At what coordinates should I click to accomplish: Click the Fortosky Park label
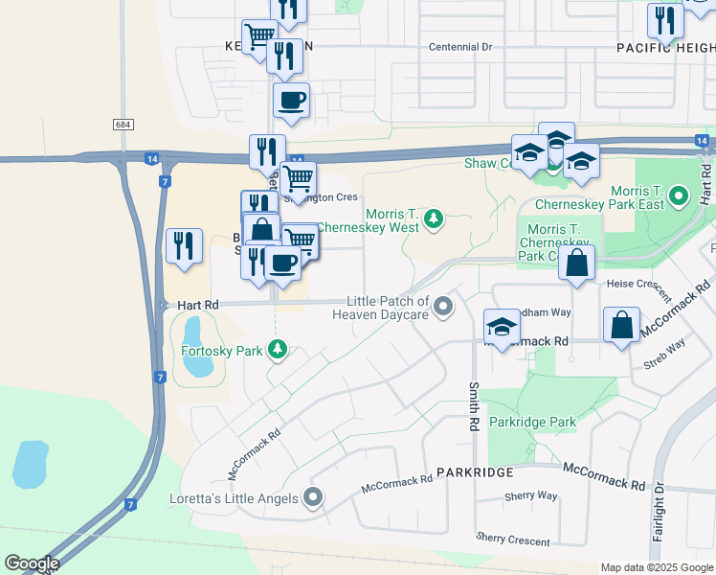pyautogui.click(x=221, y=351)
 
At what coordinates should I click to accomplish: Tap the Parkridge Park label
pyautogui.click(x=532, y=422)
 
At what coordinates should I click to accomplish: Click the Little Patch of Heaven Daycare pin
pyautogui.click(x=443, y=307)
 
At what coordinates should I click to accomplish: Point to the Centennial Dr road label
pyautogui.click(x=459, y=46)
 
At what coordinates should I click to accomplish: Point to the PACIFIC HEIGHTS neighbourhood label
pyautogui.click(x=663, y=47)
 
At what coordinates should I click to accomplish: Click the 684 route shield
pyautogui.click(x=122, y=125)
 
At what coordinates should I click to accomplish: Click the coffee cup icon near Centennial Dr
pyautogui.click(x=291, y=100)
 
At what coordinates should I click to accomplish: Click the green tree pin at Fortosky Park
pyautogui.click(x=278, y=349)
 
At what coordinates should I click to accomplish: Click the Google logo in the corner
pyautogui.click(x=32, y=563)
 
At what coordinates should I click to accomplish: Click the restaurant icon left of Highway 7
pyautogui.click(x=183, y=245)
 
